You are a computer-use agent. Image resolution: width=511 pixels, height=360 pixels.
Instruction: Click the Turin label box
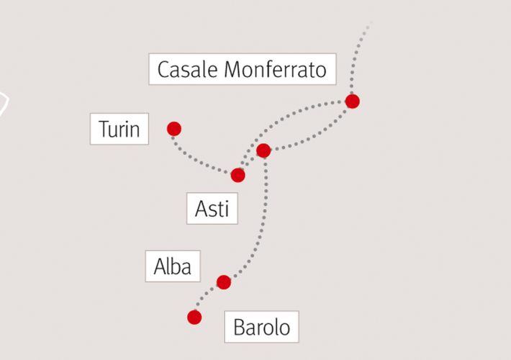tap(119, 129)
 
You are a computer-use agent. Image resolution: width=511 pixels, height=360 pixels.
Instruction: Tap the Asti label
tap(212, 208)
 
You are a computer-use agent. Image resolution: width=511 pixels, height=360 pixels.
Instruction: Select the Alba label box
tap(173, 266)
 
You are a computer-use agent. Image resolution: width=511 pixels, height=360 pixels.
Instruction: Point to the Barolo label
tap(261, 327)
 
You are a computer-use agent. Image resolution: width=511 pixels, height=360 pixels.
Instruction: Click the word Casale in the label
tap(187, 69)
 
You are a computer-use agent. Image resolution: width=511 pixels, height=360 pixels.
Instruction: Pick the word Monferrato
tap(276, 69)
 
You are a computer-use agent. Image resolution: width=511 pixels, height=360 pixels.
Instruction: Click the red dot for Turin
tap(174, 129)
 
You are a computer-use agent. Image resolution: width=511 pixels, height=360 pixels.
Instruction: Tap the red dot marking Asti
tap(238, 176)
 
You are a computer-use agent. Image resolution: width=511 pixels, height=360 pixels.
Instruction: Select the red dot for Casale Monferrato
tap(352, 102)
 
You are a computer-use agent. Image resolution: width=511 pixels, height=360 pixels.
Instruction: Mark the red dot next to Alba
tap(224, 282)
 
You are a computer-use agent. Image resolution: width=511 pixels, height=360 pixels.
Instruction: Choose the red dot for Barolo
tap(194, 318)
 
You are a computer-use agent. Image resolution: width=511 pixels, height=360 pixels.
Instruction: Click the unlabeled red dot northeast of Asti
tap(263, 150)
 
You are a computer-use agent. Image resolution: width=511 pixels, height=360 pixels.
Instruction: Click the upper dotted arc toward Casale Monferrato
tap(286, 117)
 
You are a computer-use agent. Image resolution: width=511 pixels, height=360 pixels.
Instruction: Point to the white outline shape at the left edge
tap(6, 104)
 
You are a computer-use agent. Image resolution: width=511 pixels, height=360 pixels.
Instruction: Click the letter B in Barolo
tap(239, 327)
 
